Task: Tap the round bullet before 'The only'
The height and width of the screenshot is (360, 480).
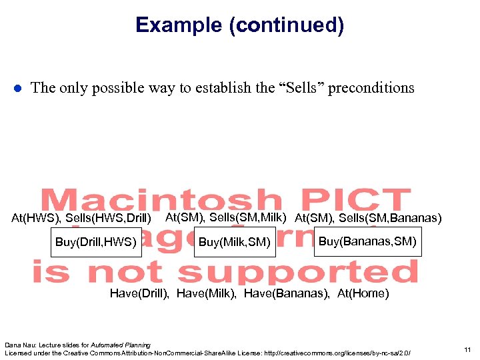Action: coord(18,89)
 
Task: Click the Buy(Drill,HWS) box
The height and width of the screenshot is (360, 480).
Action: coord(96,241)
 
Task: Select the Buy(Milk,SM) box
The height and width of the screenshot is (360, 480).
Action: coord(235,241)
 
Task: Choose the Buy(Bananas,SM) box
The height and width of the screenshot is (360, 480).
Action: coord(367,241)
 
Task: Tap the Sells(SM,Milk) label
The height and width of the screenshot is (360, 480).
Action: coord(248,217)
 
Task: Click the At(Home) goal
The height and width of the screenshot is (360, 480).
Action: coord(363,293)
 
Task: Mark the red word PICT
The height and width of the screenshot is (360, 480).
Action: coord(352,201)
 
